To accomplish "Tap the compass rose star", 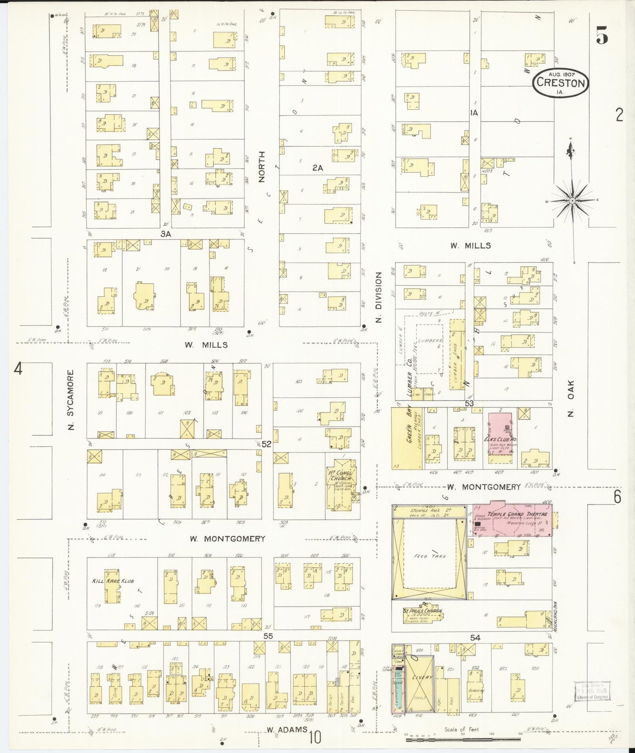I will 572,201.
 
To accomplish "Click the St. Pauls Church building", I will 423,615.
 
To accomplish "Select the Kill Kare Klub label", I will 113,581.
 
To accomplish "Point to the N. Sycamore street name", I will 72,399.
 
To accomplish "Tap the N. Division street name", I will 378,297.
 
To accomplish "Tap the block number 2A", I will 318,168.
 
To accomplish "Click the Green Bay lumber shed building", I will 406,438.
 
